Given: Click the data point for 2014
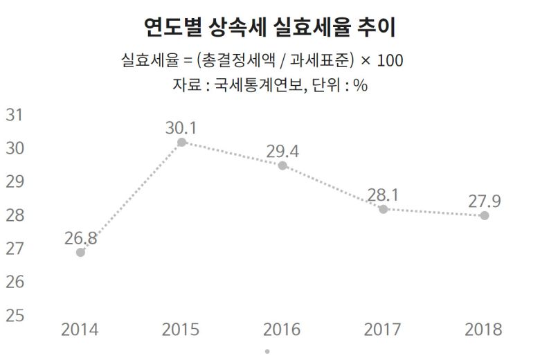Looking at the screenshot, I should (x=80, y=252).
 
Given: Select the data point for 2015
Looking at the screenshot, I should (x=181, y=142).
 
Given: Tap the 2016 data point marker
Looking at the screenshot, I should (x=282, y=165).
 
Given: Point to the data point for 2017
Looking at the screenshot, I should (x=384, y=208).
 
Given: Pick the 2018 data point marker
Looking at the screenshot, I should (x=485, y=215).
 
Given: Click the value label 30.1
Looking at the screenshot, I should (x=181, y=127).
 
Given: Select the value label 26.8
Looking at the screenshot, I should (x=81, y=238).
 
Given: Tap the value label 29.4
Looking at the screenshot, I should (x=282, y=151).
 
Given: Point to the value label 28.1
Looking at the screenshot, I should (x=384, y=195).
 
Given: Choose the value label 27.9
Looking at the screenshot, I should (x=484, y=201).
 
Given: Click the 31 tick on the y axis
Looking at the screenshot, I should (x=15, y=115).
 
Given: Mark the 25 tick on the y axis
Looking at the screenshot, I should (x=15, y=315).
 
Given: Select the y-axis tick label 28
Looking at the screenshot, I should (x=15, y=215).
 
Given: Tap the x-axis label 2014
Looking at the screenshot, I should (x=80, y=329).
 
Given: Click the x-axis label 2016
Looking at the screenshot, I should (x=282, y=329).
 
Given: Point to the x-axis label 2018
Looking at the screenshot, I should (x=484, y=329).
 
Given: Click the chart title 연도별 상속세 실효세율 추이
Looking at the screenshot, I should (x=271, y=28).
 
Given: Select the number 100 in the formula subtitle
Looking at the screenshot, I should (x=390, y=61).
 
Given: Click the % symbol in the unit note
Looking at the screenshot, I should (x=360, y=87).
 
